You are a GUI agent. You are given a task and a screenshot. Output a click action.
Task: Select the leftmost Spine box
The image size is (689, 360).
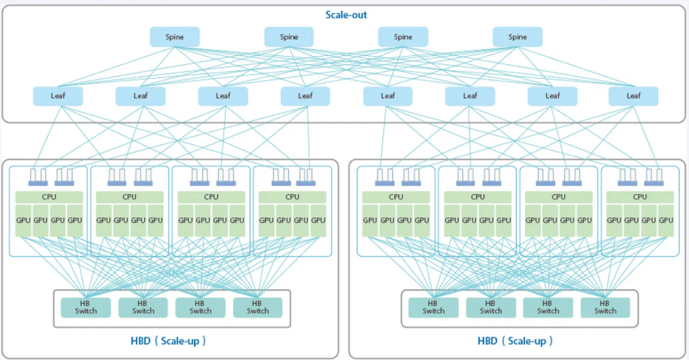(175, 37)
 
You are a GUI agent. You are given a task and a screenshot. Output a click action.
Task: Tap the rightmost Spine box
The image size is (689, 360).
(517, 37)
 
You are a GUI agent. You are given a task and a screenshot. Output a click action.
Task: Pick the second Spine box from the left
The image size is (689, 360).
(289, 37)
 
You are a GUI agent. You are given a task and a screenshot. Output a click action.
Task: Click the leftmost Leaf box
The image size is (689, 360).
(58, 96)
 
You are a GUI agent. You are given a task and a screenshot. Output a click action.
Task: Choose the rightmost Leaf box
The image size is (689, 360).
(633, 96)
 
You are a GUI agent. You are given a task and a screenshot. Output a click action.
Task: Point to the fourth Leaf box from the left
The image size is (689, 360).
(305, 96)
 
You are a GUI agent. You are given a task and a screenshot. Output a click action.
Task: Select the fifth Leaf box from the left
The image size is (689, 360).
(388, 96)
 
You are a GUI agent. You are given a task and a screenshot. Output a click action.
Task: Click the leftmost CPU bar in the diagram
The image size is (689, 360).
(49, 197)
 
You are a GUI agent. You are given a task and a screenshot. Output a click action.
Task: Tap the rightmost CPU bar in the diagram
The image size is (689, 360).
(640, 197)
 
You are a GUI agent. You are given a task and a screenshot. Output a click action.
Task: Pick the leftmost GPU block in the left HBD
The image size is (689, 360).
(24, 221)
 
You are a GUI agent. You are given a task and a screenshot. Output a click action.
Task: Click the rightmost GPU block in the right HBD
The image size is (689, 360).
(666, 221)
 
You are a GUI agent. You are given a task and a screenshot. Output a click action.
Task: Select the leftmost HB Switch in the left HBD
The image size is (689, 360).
(86, 307)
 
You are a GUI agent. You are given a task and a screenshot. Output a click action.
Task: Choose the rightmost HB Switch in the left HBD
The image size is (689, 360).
(258, 307)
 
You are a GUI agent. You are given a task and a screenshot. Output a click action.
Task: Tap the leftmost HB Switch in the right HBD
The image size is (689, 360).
(433, 307)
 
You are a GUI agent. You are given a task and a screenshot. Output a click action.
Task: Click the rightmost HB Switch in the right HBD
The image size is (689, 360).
(605, 307)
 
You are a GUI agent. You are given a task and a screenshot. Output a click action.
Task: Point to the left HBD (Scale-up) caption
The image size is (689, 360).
(168, 341)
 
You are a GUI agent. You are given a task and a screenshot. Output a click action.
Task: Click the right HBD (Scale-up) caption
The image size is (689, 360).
(515, 341)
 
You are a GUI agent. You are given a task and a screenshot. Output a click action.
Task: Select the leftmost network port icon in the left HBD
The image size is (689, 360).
(38, 177)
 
